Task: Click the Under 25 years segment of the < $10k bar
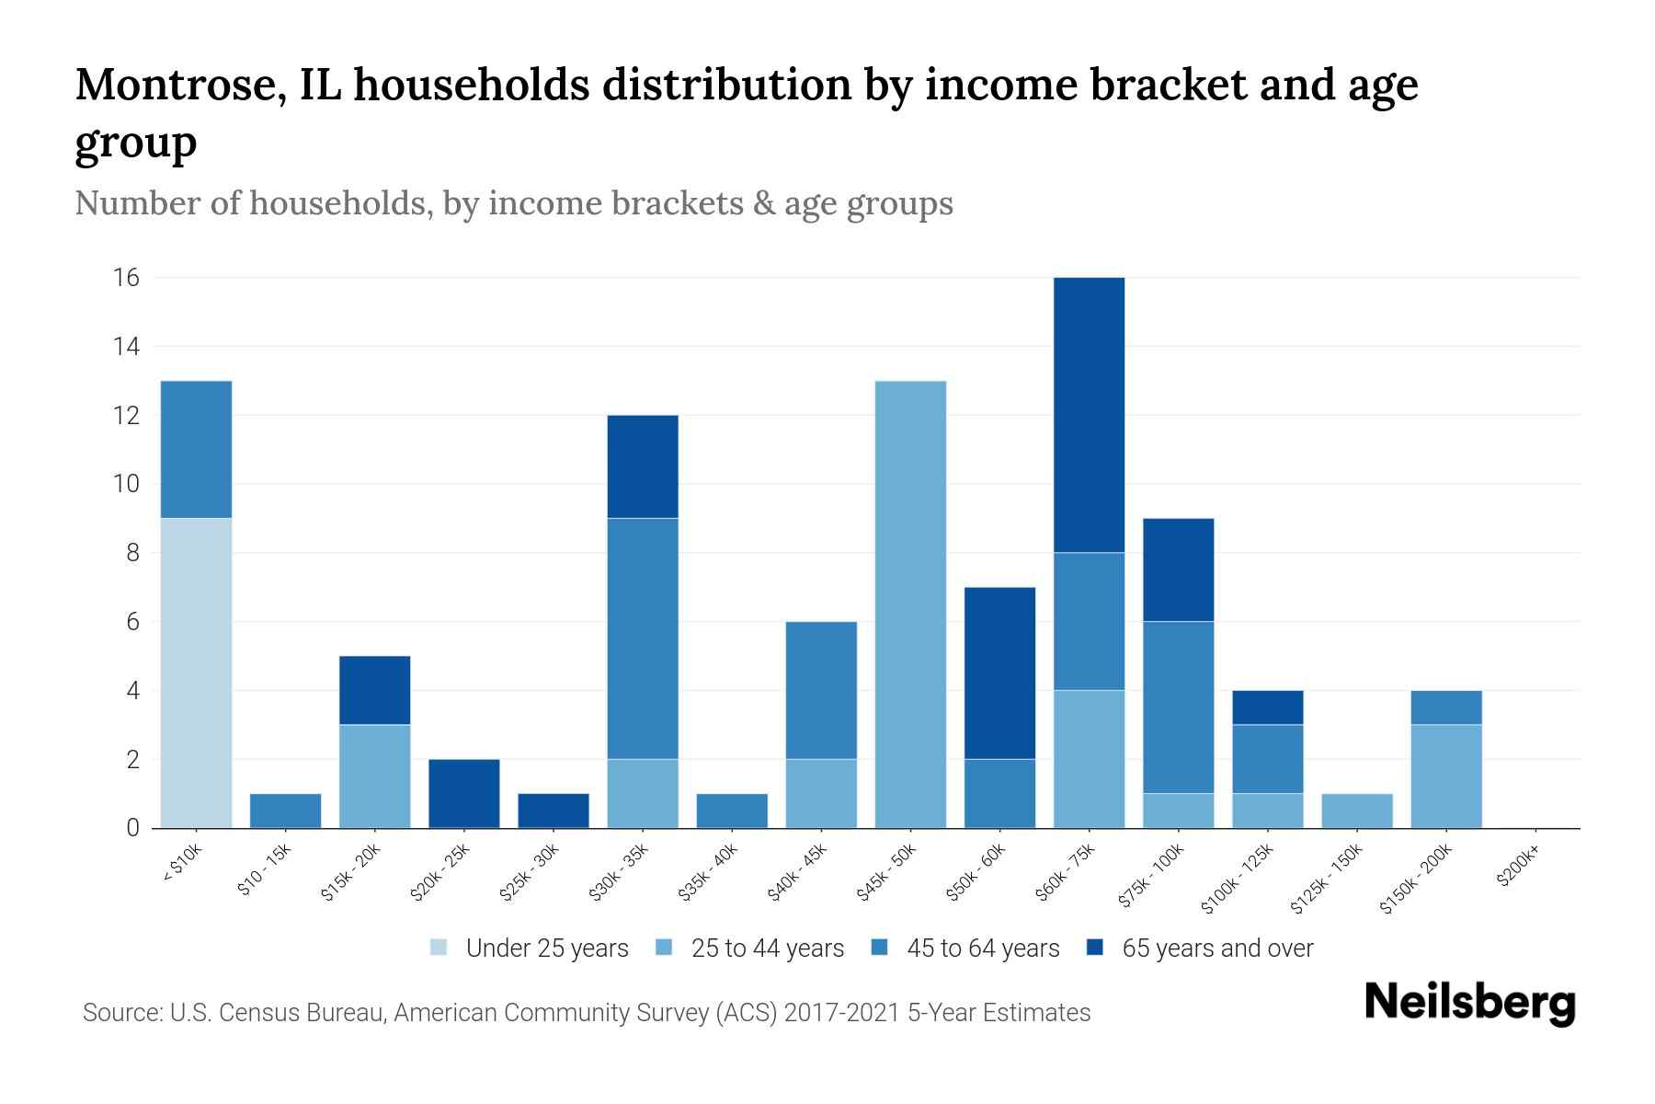(x=196, y=673)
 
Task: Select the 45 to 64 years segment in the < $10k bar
(x=196, y=449)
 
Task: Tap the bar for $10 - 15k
(x=285, y=811)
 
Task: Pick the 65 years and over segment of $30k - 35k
(x=643, y=466)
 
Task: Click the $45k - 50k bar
(x=910, y=604)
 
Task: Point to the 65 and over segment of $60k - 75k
(x=1089, y=414)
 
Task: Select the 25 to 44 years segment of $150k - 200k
(x=1445, y=776)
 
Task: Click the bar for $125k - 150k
(x=1356, y=811)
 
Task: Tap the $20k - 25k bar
(x=464, y=793)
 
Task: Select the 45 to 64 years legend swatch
(x=880, y=948)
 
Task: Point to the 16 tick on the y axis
(x=127, y=278)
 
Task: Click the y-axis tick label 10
(x=127, y=484)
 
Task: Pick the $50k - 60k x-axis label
(x=977, y=873)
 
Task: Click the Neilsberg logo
(x=1469, y=1004)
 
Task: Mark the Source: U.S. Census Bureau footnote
(x=586, y=1013)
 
